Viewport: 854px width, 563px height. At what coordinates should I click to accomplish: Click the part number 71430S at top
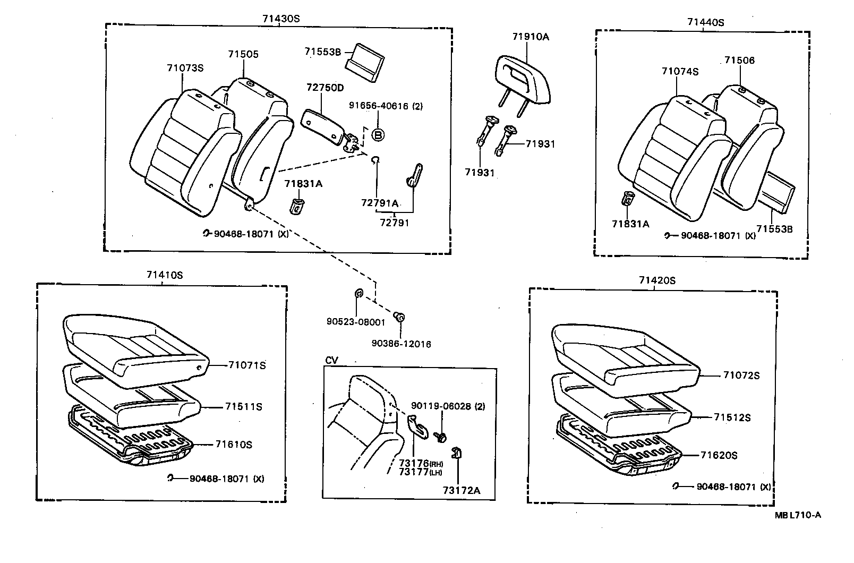point(281,18)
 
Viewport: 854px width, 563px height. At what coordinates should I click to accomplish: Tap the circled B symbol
point(378,135)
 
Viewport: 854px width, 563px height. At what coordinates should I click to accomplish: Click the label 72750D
point(325,88)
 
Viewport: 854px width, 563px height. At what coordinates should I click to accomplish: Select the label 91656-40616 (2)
point(386,106)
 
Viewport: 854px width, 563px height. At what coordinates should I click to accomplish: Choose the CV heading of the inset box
point(331,361)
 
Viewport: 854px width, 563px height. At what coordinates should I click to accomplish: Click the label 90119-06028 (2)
point(448,406)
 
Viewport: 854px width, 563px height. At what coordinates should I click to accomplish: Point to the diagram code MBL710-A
point(798,515)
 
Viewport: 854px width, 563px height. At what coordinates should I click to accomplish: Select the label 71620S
point(719,455)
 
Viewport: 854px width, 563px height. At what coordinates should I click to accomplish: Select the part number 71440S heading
point(706,22)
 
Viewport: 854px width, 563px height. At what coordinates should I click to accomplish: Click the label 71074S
point(680,71)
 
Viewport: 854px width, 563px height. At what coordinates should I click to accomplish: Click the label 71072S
point(741,376)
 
